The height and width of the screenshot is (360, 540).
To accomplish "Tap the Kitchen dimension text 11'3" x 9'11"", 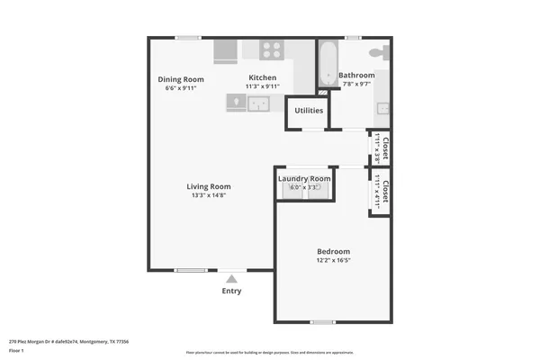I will click(x=263, y=87).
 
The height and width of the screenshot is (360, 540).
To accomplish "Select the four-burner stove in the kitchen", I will click(x=274, y=50).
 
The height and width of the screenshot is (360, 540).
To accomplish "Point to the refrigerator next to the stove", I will click(x=225, y=51).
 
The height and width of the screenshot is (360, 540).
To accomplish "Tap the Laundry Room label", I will click(x=304, y=178).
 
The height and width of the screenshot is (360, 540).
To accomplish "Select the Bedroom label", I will click(x=333, y=251).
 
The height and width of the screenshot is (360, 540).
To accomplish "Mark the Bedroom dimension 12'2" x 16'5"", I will click(x=333, y=260).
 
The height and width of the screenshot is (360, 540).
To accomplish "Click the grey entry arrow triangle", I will click(x=231, y=279).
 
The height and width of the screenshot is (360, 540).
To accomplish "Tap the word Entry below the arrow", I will click(x=231, y=292).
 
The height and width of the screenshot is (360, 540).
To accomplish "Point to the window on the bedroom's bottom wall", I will click(x=323, y=321).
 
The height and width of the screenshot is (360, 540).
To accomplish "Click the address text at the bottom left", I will click(x=68, y=342).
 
